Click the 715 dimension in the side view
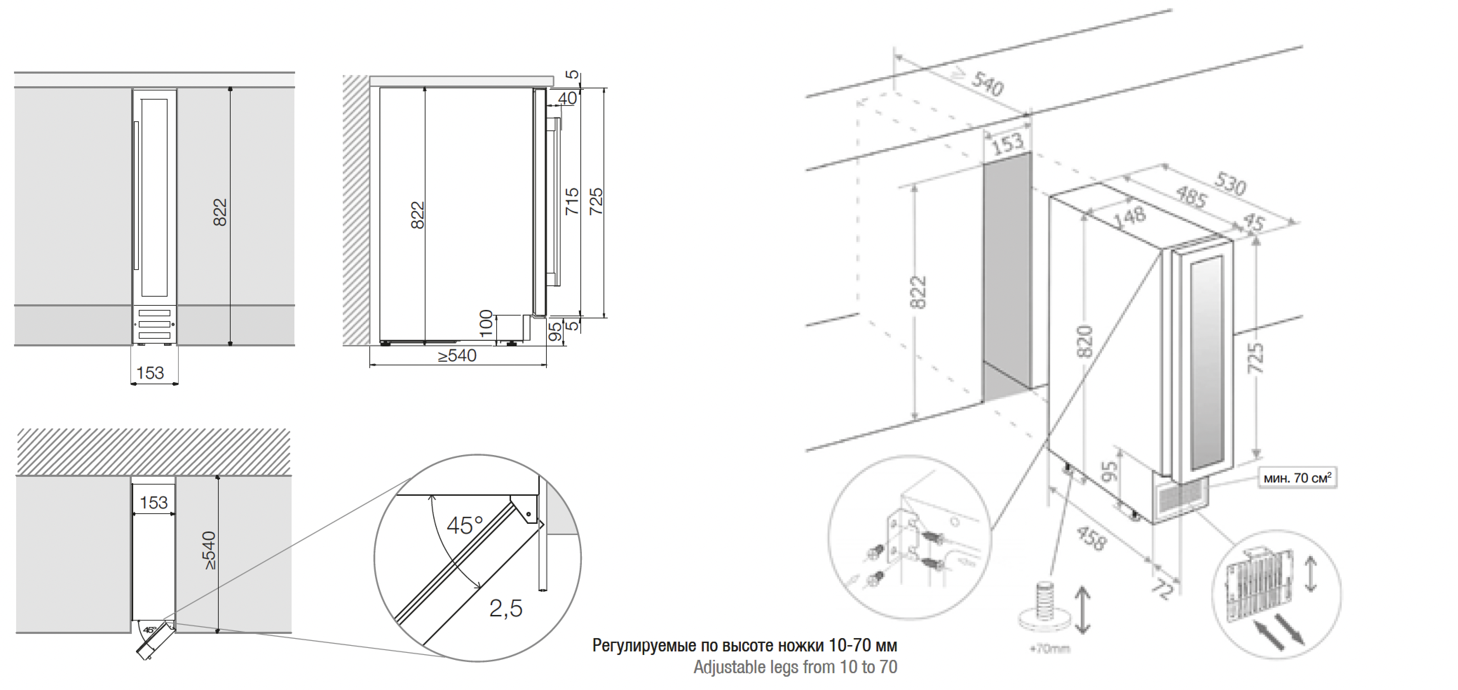point(572,201)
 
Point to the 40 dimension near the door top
point(567,99)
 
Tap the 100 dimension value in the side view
point(486,324)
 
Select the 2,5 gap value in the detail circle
point(505,609)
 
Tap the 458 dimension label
point(1091,538)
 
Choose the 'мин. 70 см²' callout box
point(1297,478)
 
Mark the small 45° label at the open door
point(149,629)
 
